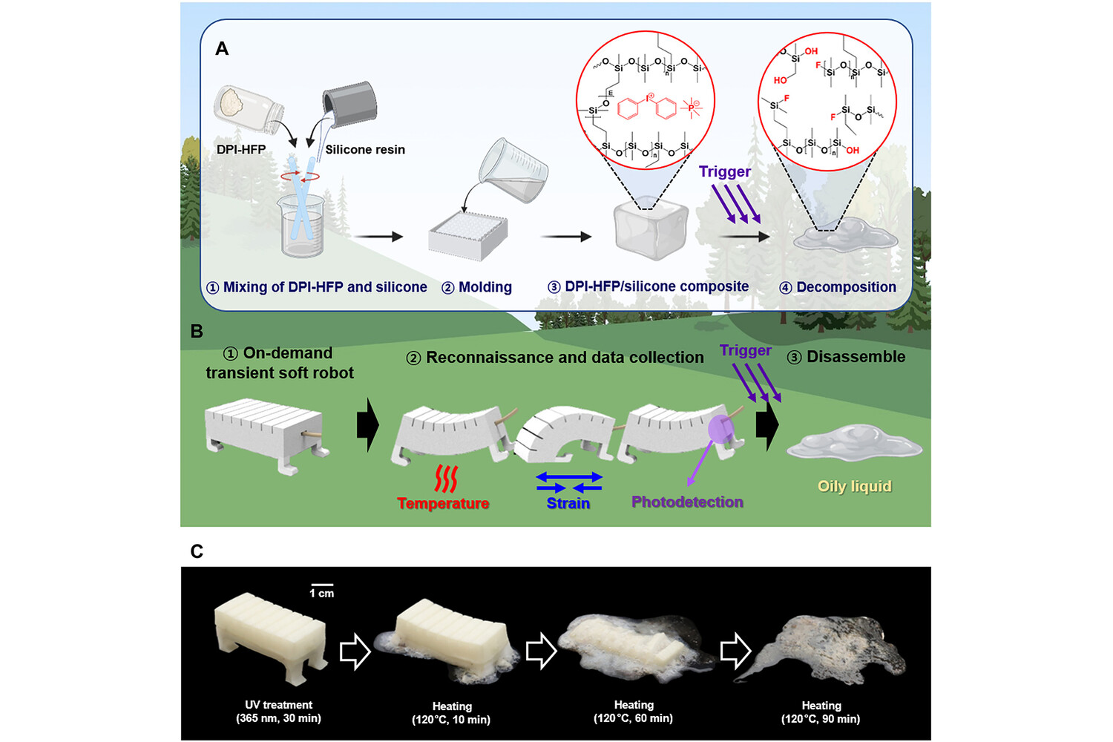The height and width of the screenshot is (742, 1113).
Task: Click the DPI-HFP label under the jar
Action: (240, 149)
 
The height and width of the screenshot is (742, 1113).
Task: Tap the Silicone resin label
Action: (365, 149)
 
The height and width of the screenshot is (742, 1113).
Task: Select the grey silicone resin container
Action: (349, 106)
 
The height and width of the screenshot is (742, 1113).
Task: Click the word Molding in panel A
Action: (485, 287)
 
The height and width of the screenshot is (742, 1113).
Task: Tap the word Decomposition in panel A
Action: (846, 287)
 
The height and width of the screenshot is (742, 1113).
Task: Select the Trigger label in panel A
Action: (724, 171)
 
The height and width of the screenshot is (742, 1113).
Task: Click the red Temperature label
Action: (443, 503)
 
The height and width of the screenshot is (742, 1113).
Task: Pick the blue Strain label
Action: (568, 503)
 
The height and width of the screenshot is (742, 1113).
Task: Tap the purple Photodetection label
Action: (687, 502)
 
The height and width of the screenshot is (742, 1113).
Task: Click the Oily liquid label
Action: (854, 486)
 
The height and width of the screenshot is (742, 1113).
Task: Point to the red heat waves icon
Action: (445, 479)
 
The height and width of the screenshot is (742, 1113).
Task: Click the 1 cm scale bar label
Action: (322, 593)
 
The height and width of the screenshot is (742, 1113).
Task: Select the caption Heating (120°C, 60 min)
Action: (633, 712)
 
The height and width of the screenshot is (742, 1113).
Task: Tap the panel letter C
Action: (197, 551)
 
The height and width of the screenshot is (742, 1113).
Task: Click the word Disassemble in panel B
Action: (856, 357)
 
